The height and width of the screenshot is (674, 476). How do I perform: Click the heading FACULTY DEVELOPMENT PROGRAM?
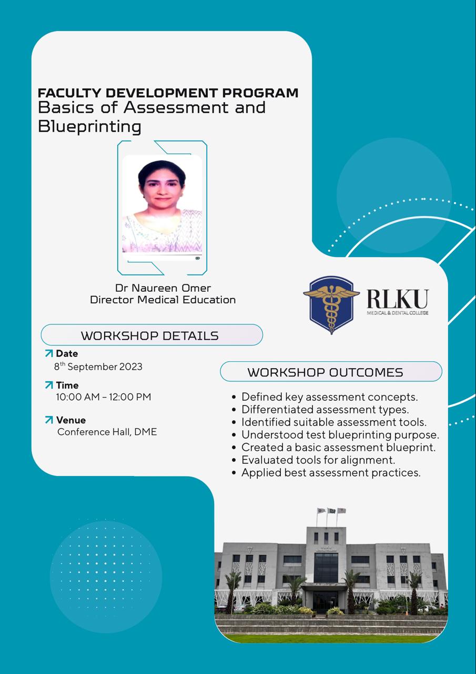tap(168, 93)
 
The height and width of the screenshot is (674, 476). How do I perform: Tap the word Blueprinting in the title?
tap(89, 126)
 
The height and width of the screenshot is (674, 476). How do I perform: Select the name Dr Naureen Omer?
tap(163, 288)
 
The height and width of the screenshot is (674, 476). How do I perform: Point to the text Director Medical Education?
tap(163, 300)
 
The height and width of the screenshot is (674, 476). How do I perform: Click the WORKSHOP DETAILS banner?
tap(151, 335)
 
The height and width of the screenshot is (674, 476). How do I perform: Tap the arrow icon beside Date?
tap(49, 353)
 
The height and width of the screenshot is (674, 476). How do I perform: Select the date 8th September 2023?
tap(98, 366)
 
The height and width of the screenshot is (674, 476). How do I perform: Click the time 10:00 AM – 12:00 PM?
tap(104, 397)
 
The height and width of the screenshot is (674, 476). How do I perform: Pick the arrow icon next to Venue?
tap(49, 420)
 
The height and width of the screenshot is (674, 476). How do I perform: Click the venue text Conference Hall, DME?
tap(107, 432)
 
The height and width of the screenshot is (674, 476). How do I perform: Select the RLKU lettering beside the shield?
tap(397, 299)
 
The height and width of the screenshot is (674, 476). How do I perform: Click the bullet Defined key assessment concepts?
tap(329, 397)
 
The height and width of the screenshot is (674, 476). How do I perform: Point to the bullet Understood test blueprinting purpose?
tap(340, 435)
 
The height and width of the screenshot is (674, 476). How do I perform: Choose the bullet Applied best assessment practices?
tap(330, 473)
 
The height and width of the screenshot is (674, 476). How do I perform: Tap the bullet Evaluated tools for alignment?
tap(318, 460)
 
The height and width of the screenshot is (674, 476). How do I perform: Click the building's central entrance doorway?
tap(326, 601)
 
